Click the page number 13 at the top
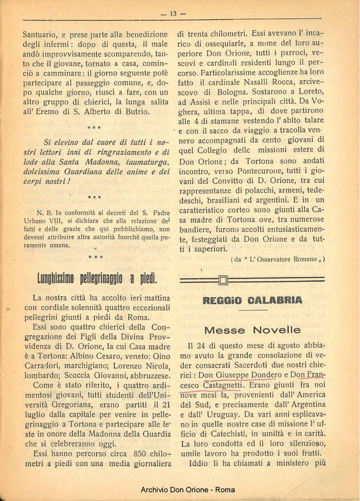[x=172, y=13]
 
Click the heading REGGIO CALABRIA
[x=252, y=300]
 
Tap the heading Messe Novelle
[x=252, y=330]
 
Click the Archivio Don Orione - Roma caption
[x=180, y=490]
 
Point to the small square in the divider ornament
[x=222, y=280]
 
